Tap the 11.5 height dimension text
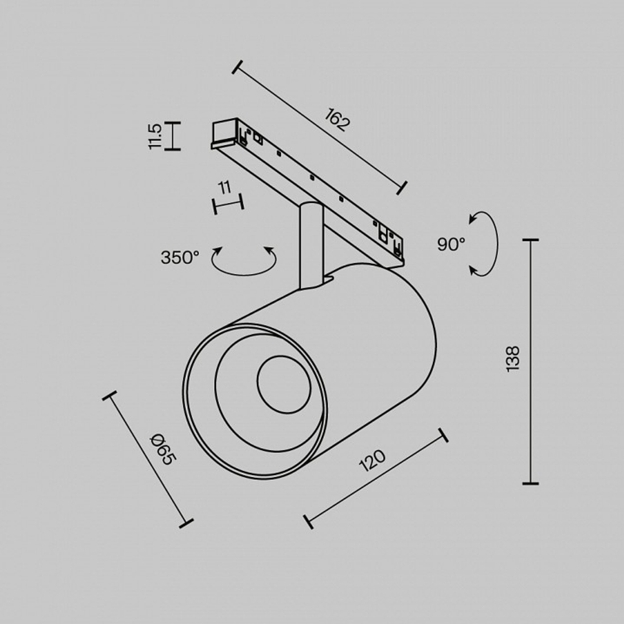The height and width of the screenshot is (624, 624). [155, 136]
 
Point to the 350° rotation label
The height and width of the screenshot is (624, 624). [180, 257]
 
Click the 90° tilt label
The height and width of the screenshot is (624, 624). [451, 244]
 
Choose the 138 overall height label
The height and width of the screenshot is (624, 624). [513, 359]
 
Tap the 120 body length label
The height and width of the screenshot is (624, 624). [373, 461]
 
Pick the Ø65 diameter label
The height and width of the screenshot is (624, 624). [162, 450]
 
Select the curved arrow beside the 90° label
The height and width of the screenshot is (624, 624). [497, 243]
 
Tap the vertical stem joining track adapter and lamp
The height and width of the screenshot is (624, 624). [311, 246]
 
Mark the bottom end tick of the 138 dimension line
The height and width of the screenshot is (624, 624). [530, 484]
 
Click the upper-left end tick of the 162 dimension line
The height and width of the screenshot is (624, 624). [237, 67]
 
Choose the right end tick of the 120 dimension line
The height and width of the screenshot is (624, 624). [443, 435]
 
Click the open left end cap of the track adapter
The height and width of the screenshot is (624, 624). [224, 130]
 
